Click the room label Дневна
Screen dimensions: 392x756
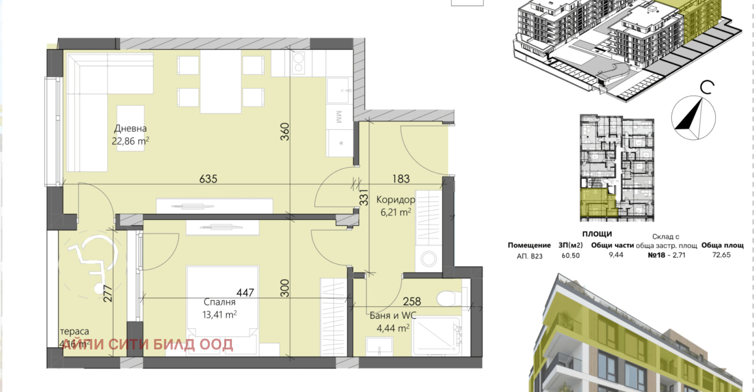tap(130, 128)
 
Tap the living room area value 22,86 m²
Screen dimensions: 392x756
tap(130, 141)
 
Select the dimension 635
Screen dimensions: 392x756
tap(208, 179)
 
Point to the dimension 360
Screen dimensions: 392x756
tap(284, 131)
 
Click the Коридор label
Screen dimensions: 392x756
tap(395, 200)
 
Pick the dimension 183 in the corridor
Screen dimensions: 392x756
tap(401, 179)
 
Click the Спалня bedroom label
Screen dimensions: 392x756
tap(219, 302)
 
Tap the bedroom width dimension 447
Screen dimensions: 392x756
tap(245, 293)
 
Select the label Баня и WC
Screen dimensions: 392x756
tap(393, 315)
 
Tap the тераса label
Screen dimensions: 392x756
tap(74, 331)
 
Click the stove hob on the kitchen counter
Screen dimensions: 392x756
tap(298, 63)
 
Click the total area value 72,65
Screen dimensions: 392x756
tap(721, 255)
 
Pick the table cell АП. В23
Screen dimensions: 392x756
tap(529, 256)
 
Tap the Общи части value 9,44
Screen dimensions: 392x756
tap(616, 255)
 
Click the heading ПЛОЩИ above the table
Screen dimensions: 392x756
tap(597, 234)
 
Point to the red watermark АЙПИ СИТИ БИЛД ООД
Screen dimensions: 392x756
tap(147, 344)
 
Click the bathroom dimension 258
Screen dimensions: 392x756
tap(412, 301)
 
